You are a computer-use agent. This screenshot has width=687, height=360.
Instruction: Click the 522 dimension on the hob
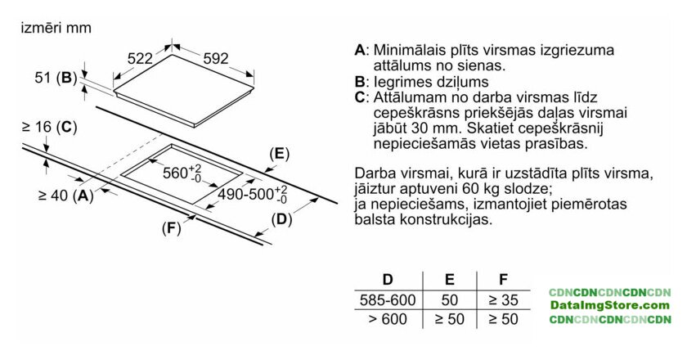click(x=140, y=58)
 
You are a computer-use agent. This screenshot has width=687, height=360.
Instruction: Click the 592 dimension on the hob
click(x=216, y=58)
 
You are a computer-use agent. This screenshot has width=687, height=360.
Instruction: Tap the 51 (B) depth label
click(x=56, y=78)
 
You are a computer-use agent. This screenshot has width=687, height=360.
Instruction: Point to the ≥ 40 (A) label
click(x=66, y=196)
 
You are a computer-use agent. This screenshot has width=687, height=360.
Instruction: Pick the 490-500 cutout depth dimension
click(x=253, y=194)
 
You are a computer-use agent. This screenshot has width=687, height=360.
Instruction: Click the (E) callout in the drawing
click(x=280, y=154)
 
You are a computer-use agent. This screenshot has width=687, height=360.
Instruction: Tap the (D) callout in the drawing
click(x=281, y=219)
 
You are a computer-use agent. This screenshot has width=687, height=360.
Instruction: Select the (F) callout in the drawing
click(x=171, y=228)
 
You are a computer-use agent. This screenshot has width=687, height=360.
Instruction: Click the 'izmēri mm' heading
click(x=56, y=28)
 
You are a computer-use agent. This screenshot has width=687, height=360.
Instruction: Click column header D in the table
click(x=388, y=279)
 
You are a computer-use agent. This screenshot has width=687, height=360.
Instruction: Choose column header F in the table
click(x=504, y=279)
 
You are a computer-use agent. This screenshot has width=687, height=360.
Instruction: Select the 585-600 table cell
click(x=388, y=300)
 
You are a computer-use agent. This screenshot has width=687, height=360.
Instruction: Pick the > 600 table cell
click(x=388, y=319)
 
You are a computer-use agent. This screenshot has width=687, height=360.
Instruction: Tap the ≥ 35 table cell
click(x=504, y=300)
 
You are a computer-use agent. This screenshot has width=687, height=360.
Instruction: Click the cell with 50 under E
click(x=450, y=300)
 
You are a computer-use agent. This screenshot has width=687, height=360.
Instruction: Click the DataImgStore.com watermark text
click(x=610, y=305)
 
